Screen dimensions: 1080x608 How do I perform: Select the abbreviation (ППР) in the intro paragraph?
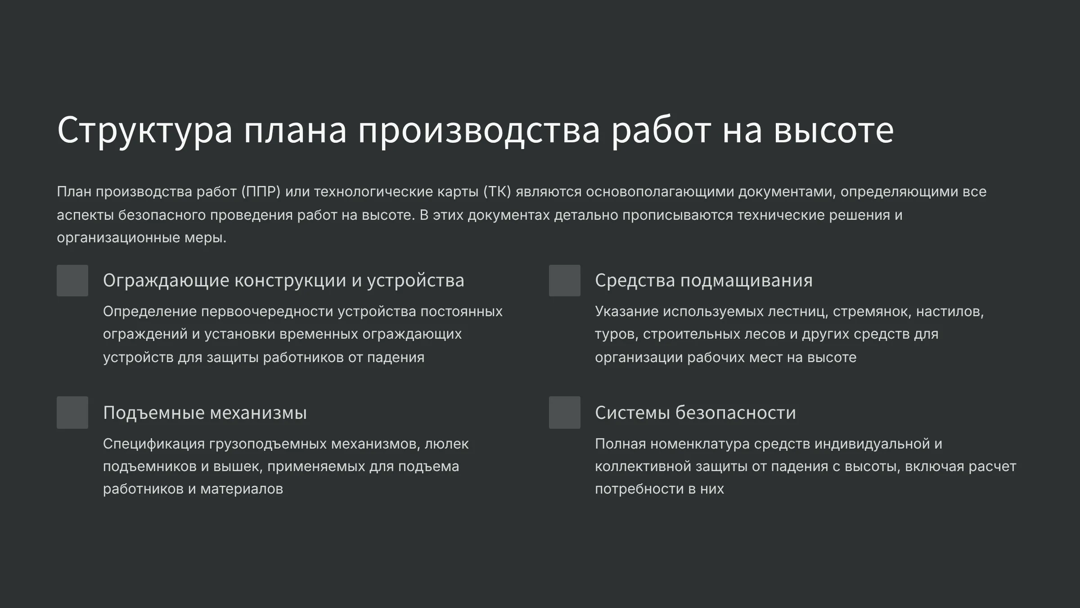261,192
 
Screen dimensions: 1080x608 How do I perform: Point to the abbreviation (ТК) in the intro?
497,192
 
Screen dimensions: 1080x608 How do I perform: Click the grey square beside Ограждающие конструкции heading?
72,281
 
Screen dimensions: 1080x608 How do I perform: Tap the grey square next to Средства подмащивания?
565,281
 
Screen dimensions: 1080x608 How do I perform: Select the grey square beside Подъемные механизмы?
72,413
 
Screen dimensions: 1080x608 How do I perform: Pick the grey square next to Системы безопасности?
565,413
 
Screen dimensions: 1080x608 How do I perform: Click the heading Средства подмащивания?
704,281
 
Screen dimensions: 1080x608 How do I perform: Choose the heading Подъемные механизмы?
205,413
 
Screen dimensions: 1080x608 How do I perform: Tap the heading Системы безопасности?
695,413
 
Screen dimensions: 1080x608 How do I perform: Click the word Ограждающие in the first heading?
166,281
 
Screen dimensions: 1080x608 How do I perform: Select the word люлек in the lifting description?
447,444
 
